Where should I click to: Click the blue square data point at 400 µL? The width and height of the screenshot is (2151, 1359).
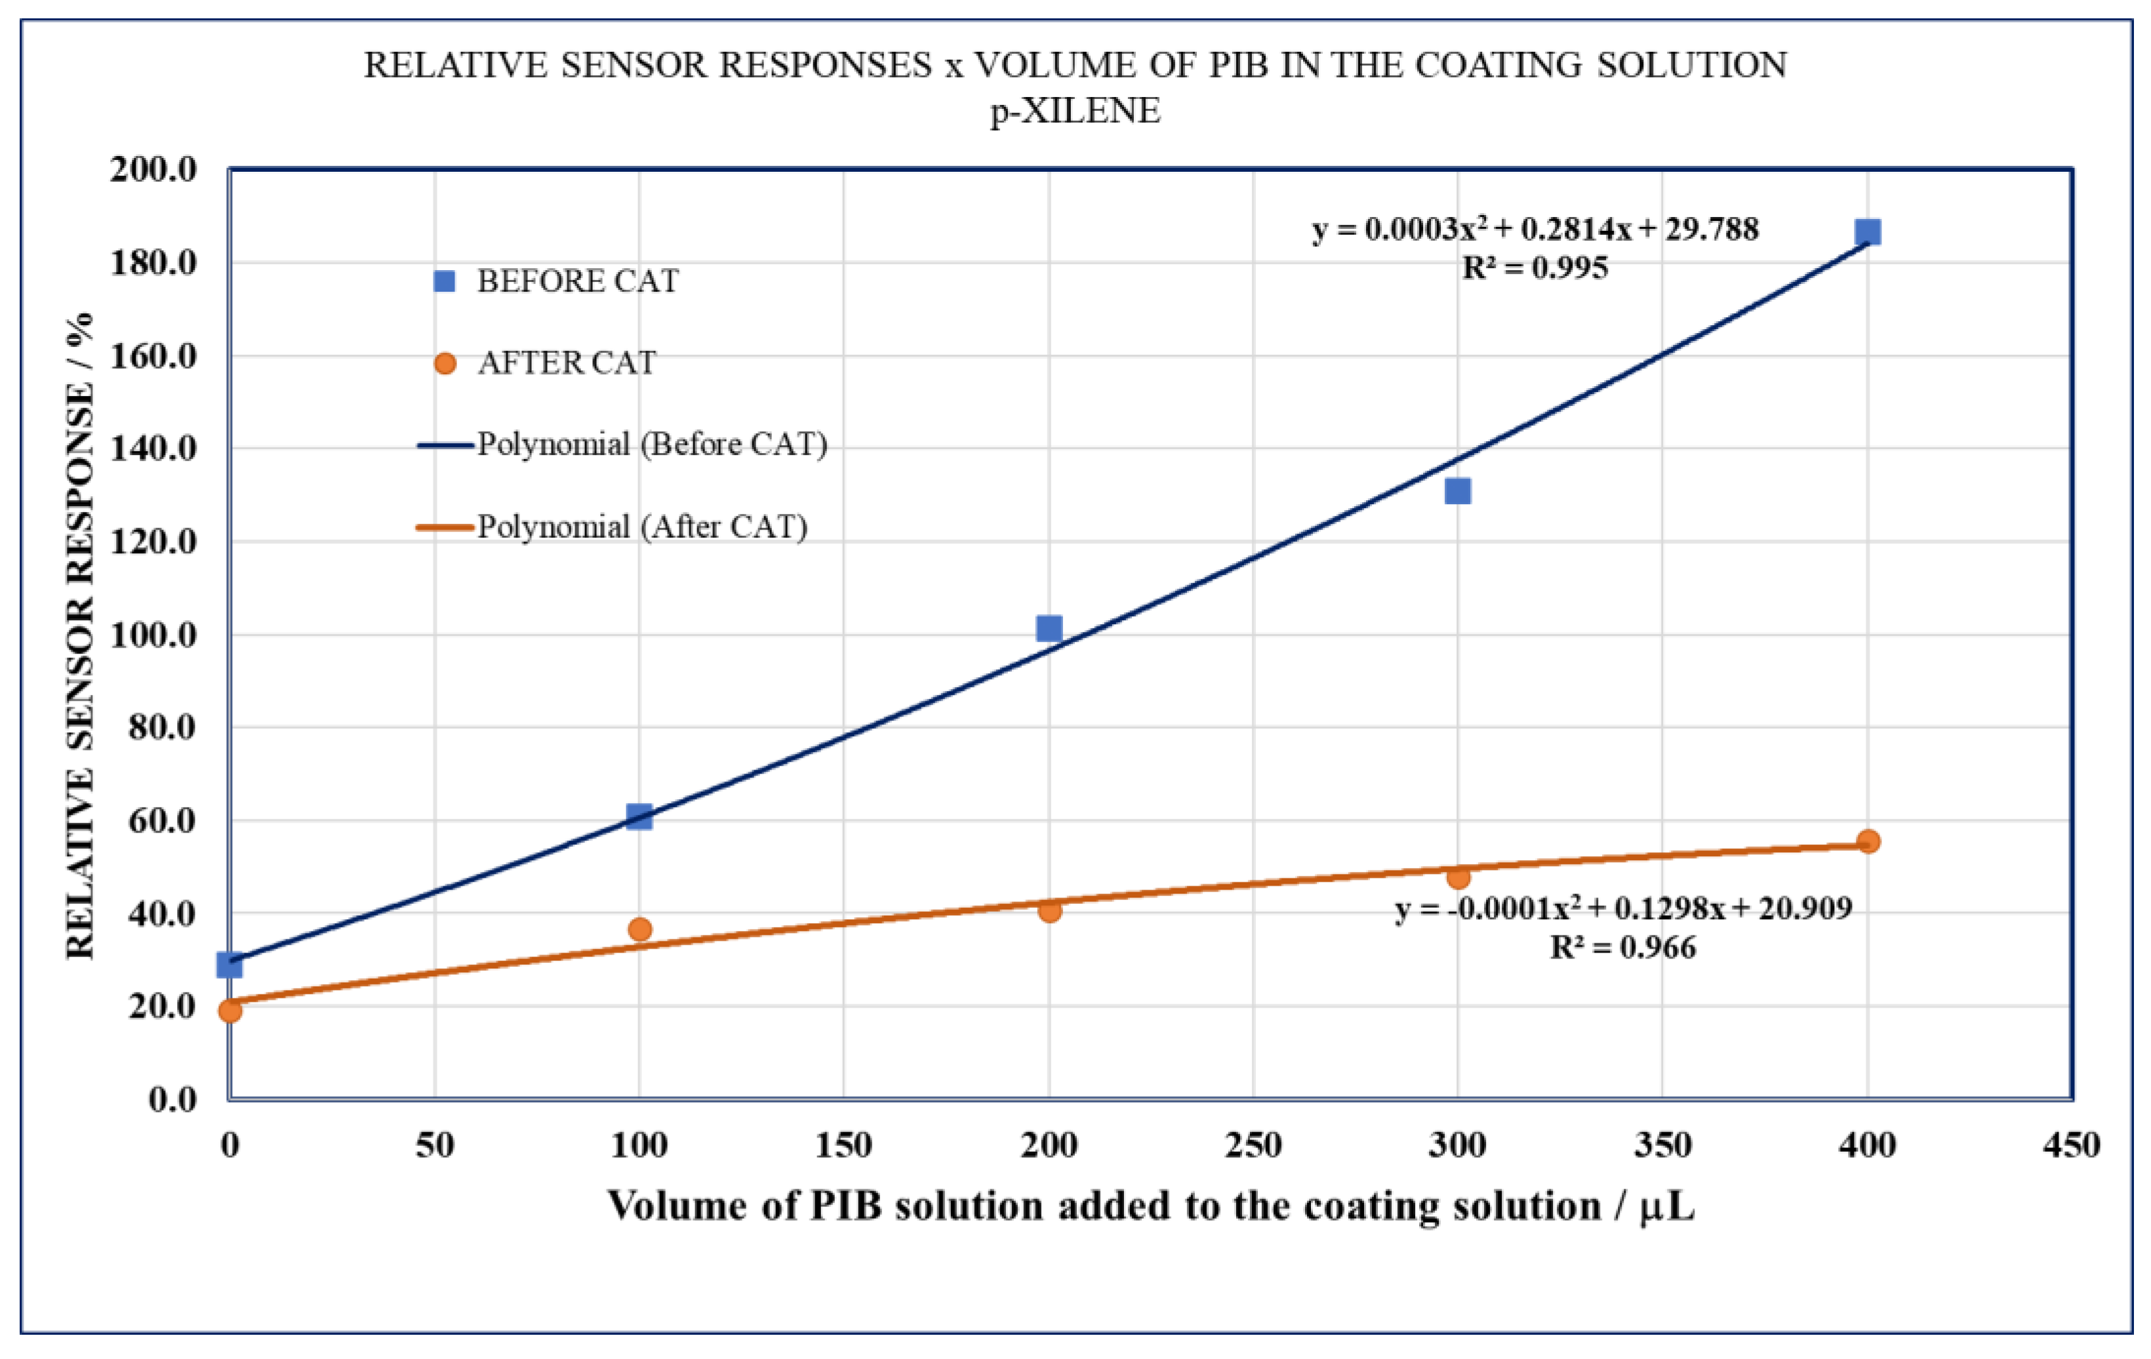click(1867, 232)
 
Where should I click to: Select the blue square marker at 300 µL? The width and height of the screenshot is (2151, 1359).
click(1457, 490)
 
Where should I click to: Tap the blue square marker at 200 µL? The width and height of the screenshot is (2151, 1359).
click(1049, 628)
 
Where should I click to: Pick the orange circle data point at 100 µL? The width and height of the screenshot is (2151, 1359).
click(639, 929)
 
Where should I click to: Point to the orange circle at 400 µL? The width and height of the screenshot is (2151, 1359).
click(1868, 841)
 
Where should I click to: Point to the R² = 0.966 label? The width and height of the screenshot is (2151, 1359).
click(1622, 947)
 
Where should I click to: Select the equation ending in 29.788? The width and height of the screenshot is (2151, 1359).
click(1535, 229)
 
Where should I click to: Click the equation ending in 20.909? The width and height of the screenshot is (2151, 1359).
click(1622, 908)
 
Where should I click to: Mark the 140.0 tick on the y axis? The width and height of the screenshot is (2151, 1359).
click(153, 448)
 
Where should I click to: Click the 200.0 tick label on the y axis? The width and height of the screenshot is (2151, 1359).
click(153, 168)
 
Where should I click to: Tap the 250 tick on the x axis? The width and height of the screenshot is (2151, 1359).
click(1253, 1145)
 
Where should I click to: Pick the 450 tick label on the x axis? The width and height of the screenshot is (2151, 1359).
click(2070, 1145)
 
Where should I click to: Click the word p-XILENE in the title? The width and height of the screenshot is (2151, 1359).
click(1075, 111)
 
